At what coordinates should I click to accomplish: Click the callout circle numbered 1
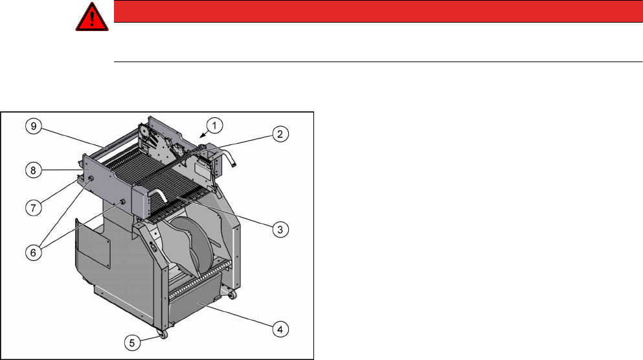tap(214, 126)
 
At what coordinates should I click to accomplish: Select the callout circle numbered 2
tap(280, 134)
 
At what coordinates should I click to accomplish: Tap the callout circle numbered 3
tap(280, 229)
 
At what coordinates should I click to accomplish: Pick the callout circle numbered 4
tap(280, 330)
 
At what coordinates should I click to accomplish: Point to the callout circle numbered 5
tap(132, 343)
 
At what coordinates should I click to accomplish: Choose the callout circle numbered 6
tap(34, 253)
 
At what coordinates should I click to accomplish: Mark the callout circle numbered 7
tap(34, 207)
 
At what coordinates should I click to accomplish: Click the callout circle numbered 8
tap(34, 170)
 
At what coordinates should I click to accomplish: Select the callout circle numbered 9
tap(34, 126)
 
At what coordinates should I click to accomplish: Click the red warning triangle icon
tap(92, 18)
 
